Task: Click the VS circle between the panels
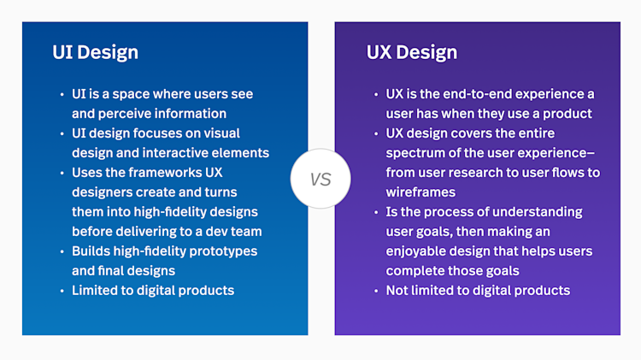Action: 320,180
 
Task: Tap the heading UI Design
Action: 95,52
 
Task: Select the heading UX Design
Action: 412,52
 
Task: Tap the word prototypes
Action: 219,251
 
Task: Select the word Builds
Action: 92,251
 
